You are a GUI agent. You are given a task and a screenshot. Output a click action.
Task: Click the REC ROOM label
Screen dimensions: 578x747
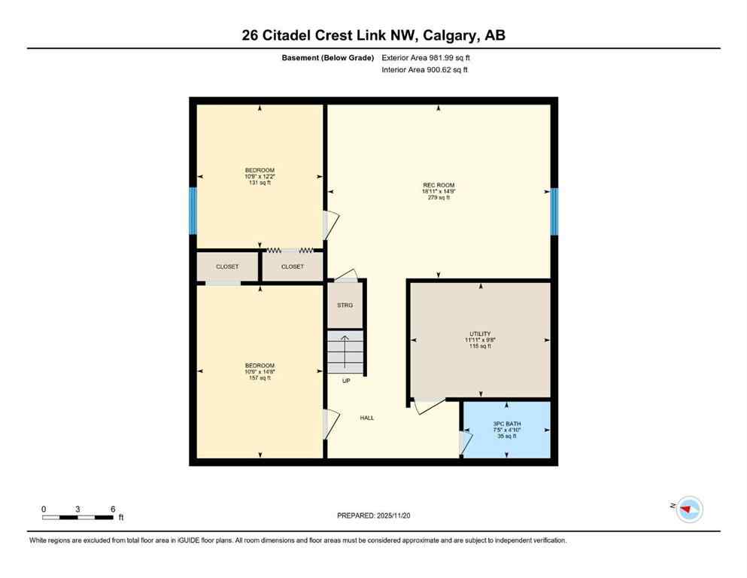438,185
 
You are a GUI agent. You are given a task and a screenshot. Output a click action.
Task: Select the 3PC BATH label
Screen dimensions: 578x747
507,424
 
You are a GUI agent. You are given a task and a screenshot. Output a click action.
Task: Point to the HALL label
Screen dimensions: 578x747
366,418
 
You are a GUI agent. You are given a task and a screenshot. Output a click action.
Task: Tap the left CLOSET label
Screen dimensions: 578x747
227,266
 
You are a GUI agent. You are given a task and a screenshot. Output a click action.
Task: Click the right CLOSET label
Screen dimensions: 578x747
293,266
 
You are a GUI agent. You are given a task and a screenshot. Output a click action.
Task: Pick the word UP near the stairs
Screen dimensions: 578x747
346,381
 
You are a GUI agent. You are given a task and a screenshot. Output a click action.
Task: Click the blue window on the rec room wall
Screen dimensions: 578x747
554,211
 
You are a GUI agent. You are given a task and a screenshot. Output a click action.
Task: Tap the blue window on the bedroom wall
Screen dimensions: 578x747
193,211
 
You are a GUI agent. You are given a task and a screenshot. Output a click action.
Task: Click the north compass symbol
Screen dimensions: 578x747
688,510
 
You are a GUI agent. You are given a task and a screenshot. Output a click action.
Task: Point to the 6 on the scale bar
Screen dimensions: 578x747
113,510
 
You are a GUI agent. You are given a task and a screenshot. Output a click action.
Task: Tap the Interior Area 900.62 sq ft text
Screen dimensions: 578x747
425,70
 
